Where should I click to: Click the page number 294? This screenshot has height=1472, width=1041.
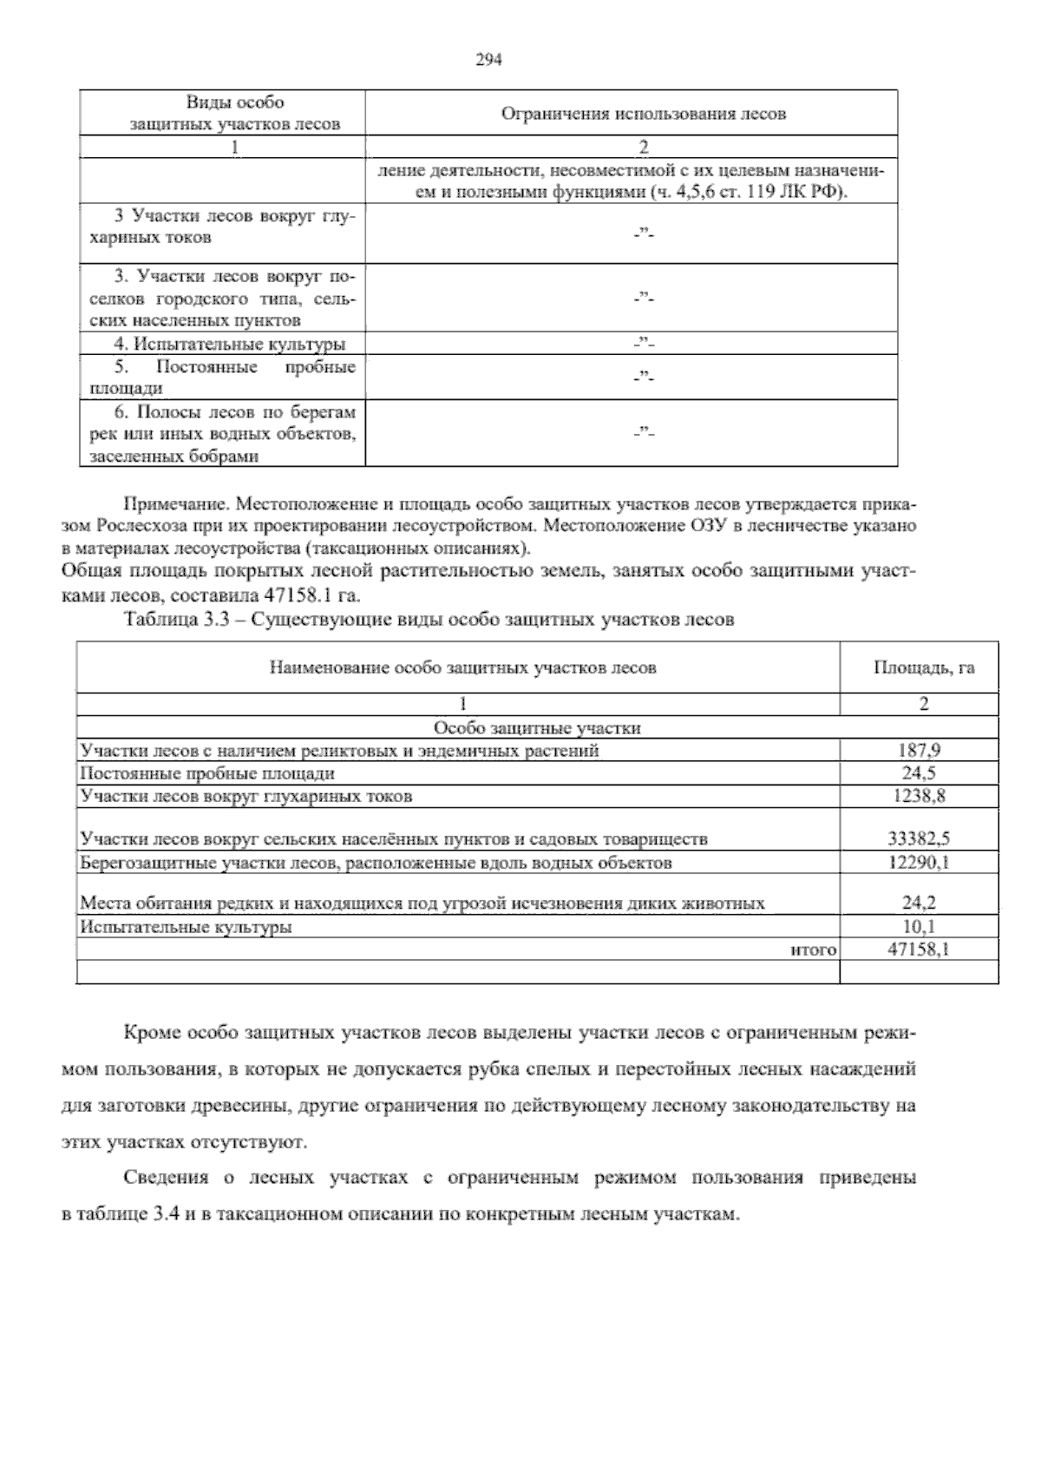(x=489, y=60)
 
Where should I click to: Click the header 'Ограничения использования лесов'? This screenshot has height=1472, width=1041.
(x=644, y=114)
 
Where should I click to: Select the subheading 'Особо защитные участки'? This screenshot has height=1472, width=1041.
(x=536, y=728)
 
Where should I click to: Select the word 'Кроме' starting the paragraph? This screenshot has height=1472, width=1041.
(x=150, y=1034)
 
